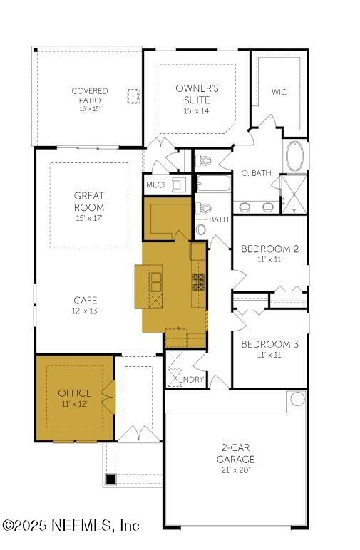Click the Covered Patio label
90,95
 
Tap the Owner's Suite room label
197,94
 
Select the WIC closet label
279,92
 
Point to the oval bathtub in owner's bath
294,156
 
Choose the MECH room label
157,185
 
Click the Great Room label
89,201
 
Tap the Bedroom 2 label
269,249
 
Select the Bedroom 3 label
269,344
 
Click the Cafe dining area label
85,301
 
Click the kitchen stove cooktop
198,282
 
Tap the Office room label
75,393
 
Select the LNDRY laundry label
192,380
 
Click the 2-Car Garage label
236,454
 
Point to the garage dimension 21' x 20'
236,470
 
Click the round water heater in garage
297,399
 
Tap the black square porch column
110,479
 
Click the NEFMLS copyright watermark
71,526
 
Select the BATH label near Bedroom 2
218,219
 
